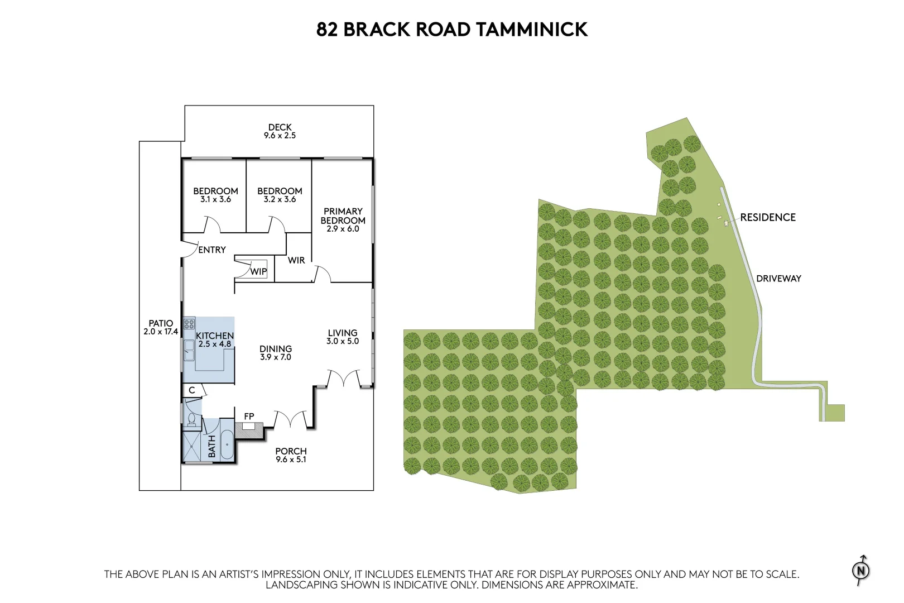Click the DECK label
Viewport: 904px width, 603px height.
(280, 127)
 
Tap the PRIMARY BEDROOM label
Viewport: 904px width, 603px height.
(343, 216)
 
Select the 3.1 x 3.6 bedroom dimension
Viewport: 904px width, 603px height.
(215, 199)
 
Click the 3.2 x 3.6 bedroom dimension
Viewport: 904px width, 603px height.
(280, 199)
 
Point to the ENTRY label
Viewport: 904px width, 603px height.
(212, 250)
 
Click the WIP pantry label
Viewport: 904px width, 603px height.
(258, 271)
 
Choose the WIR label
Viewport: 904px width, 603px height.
(296, 260)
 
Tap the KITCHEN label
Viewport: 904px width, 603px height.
(215, 336)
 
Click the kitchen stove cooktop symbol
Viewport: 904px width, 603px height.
(189, 323)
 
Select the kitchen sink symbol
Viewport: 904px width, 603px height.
(189, 351)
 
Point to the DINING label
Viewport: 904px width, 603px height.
(276, 349)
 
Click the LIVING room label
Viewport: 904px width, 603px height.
(342, 333)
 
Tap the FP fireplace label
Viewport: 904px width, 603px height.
(249, 416)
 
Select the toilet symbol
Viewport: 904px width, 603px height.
(191, 419)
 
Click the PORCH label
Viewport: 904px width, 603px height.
(291, 451)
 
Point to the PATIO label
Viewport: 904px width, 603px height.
(161, 323)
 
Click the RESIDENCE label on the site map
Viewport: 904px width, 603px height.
(767, 217)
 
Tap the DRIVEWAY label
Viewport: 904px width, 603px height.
(778, 278)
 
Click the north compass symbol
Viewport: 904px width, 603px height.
(861, 570)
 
